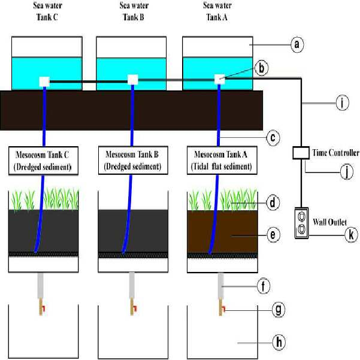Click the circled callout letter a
pos(297,44)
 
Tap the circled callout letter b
pos(262,68)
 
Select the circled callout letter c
pos(273,138)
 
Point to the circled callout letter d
pos(273,202)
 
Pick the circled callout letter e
pos(273,235)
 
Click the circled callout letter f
pos(263,286)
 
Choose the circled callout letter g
pos(279,310)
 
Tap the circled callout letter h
pos(279,342)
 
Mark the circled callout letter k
pos(351,235)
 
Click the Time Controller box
pos(301,153)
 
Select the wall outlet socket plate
pos(301,223)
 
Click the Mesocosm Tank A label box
pos(222,161)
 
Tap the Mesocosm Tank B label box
pos(133,161)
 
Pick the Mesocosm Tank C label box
pos(43,161)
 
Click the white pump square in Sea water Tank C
pos(44,81)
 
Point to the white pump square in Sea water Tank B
pos(133,80)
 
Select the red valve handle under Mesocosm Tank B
pos(135,308)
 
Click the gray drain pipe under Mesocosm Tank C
pos(40,286)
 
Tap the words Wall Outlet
pos(329,222)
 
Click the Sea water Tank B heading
pos(134,11)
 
